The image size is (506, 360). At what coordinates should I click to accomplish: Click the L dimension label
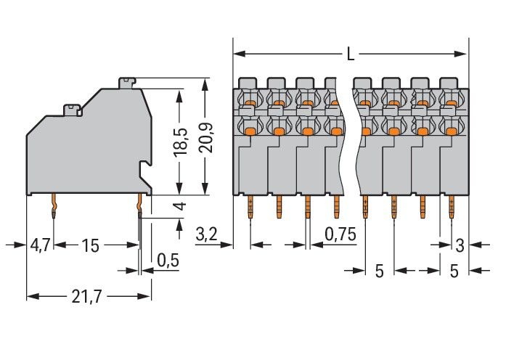tap(351, 54)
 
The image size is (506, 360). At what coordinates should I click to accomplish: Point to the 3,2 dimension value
tap(208, 234)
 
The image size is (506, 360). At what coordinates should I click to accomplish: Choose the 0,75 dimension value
tap(340, 234)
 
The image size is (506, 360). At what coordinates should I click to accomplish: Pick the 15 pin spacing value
tap(89, 245)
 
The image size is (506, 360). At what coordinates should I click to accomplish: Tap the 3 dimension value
tap(459, 245)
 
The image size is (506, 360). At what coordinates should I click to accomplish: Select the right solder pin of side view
tap(138, 208)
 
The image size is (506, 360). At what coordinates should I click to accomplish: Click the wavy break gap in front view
tap(348, 138)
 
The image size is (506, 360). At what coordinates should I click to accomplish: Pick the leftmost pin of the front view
tap(250, 207)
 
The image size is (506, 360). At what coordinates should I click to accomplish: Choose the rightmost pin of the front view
tap(450, 207)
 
